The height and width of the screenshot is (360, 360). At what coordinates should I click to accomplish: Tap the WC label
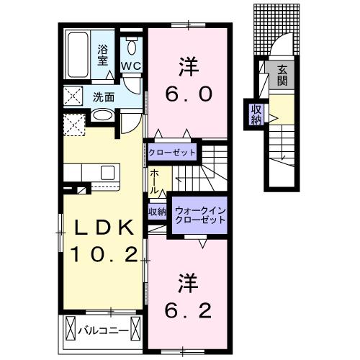coord(131,66)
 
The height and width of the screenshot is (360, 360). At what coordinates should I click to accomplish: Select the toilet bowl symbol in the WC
coord(132,46)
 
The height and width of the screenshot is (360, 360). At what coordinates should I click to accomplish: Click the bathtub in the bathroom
coord(78,55)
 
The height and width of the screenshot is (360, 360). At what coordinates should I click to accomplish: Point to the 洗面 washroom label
coord(104,97)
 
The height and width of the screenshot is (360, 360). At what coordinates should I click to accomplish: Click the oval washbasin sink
coord(103,115)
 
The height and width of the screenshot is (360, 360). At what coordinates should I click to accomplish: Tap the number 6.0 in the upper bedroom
coord(189,94)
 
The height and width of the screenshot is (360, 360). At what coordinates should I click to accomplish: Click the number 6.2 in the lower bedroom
coord(188,310)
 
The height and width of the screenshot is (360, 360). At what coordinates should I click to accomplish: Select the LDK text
coord(104,227)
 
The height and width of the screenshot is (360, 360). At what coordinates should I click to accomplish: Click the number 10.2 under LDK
coord(104,254)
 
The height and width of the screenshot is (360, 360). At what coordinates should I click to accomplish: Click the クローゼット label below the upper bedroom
coord(172,153)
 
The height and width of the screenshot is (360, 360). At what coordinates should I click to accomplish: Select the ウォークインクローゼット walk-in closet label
coord(200,215)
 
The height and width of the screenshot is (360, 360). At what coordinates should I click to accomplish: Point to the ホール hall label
coord(155,181)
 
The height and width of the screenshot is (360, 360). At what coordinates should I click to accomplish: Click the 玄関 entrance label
coord(282,76)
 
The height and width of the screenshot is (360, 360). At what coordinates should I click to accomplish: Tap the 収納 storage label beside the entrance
coord(256,114)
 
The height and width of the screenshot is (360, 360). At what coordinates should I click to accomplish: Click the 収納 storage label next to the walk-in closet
coord(157,212)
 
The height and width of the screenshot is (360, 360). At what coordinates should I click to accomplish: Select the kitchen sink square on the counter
coord(107,173)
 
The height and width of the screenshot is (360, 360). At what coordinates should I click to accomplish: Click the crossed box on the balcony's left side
coord(71,328)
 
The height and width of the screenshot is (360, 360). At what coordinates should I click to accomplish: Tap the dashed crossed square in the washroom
coord(73,96)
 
